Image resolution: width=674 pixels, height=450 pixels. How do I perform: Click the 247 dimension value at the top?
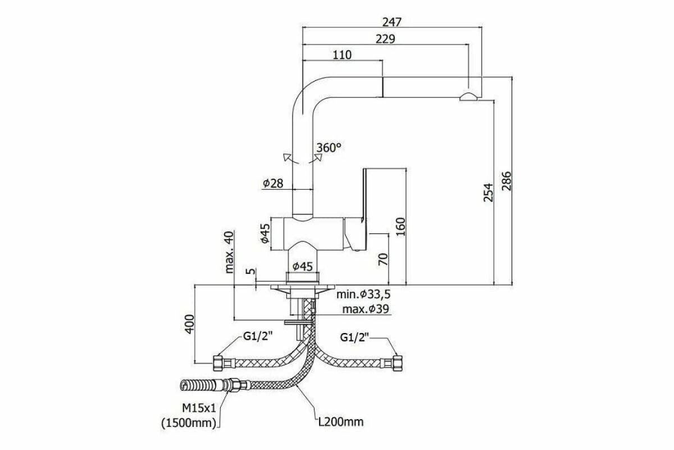pyautogui.click(x=391, y=22)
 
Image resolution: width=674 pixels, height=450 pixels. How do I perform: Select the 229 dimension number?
pyautogui.click(x=385, y=39)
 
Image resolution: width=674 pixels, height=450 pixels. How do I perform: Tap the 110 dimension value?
pyautogui.click(x=342, y=55)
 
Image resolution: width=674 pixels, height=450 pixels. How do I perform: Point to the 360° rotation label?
pyautogui.click(x=329, y=148)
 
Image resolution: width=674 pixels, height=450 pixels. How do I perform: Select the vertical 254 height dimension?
pyautogui.click(x=488, y=192)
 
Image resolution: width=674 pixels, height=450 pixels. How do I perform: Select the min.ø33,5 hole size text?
pyautogui.click(x=363, y=294)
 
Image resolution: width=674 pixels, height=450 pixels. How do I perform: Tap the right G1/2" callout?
pyautogui.click(x=354, y=337)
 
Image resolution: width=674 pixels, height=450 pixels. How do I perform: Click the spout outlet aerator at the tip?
pyautogui.click(x=468, y=97)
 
